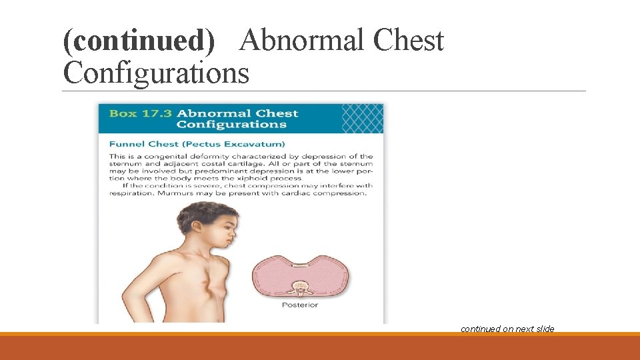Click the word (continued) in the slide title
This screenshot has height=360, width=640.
pos(139,41)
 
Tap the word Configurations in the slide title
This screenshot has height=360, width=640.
pos(156,73)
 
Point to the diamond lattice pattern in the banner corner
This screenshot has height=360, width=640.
pos(362,117)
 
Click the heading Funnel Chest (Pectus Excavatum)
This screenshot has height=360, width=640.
pos(197,144)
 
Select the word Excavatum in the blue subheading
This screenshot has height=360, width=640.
pos(259,144)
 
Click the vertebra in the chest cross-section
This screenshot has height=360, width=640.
pos(299,289)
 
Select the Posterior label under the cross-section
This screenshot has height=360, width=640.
pos(300,305)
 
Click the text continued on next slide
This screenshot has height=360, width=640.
pos(507,329)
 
